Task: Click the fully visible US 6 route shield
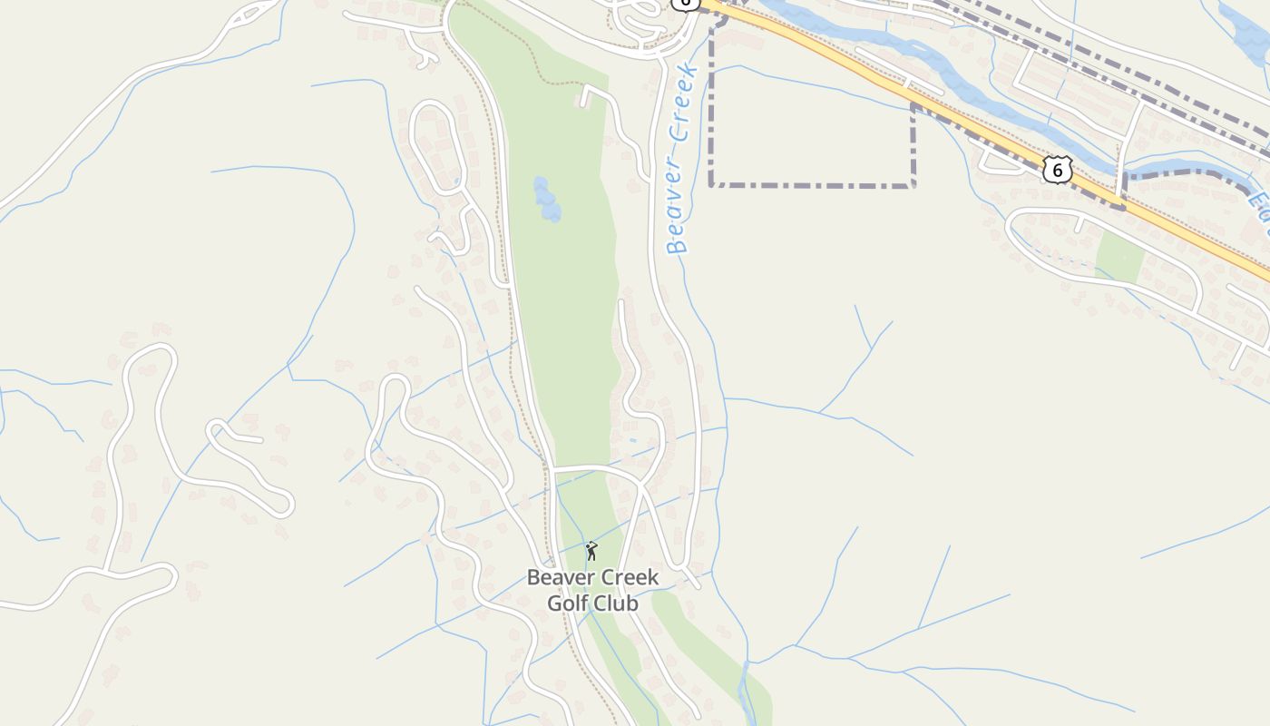pyautogui.click(x=1058, y=169)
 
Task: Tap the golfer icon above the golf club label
pyautogui.click(x=591, y=551)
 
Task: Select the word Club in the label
pyautogui.click(x=617, y=603)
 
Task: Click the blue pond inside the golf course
pyautogui.click(x=546, y=199)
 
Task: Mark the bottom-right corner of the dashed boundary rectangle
pyautogui.click(x=913, y=185)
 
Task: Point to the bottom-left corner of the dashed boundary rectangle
pyautogui.click(x=711, y=185)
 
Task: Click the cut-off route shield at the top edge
pyautogui.click(x=686, y=4)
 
